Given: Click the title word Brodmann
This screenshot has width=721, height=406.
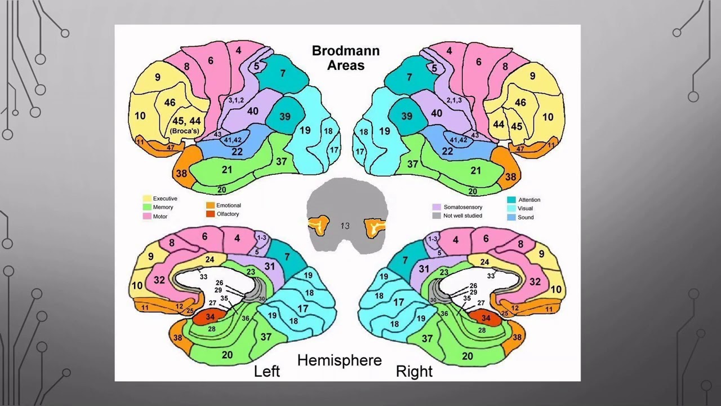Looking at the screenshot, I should click(346, 51).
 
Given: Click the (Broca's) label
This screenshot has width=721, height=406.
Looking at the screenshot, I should click(185, 131).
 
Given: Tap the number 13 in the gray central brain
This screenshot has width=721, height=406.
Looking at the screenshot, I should click(345, 226).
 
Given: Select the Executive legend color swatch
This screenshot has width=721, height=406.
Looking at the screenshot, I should click(147, 198).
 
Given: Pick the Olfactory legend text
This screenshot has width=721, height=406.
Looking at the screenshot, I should click(228, 214).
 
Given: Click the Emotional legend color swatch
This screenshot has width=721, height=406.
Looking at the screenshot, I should click(210, 206).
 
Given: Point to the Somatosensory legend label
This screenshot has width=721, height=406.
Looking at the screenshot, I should click(462, 207).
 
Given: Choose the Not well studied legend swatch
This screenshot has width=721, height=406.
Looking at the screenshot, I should click(437, 215).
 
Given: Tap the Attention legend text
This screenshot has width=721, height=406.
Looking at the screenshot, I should click(529, 200).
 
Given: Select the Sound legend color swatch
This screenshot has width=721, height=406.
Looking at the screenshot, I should click(511, 217).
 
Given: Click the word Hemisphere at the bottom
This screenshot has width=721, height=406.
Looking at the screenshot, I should click(339, 360).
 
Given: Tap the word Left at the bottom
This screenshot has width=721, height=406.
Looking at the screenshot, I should click(266, 372).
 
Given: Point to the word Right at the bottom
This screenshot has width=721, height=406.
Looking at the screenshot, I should click(414, 372).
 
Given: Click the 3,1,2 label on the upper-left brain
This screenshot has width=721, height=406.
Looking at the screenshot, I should click(235, 100).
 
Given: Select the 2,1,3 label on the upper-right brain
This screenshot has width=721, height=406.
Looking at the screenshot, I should click(454, 100).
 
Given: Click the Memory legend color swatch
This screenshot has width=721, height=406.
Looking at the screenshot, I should click(147, 208).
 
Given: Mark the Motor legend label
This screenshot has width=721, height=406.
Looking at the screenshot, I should click(160, 217).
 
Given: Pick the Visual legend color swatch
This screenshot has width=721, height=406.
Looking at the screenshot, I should click(511, 209).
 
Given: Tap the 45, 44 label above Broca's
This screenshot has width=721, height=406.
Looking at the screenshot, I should click(186, 121).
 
